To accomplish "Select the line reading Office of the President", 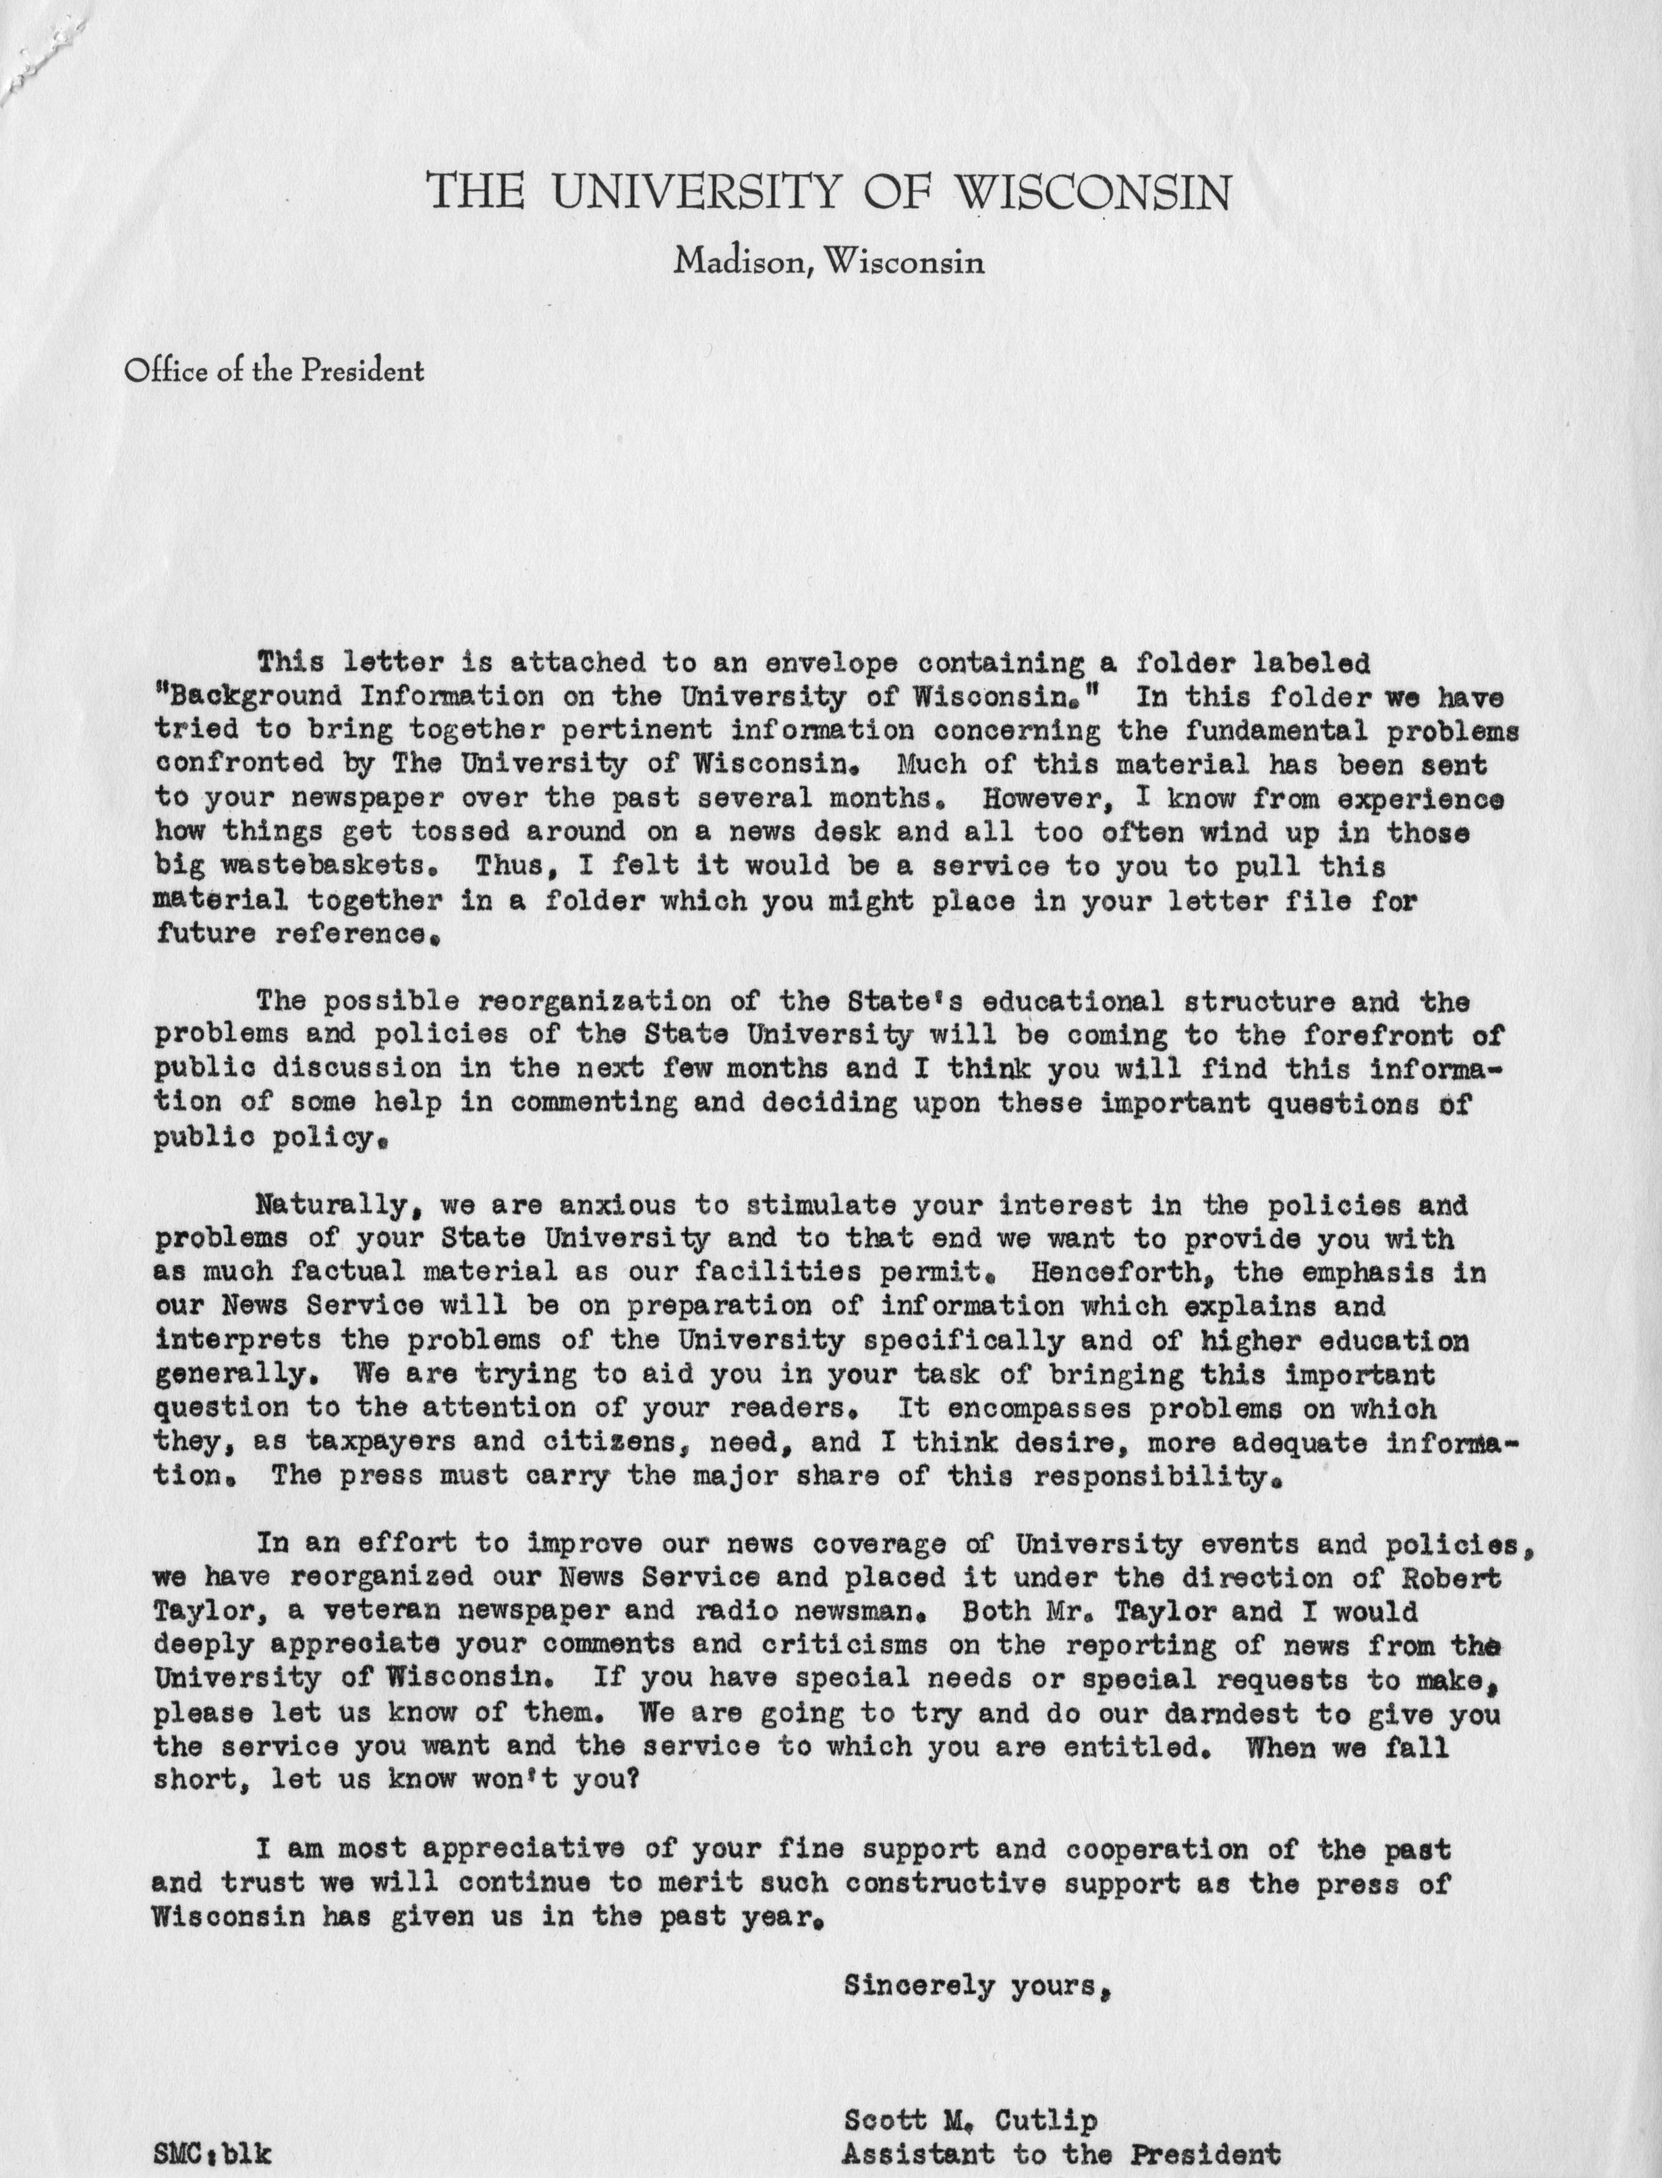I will pos(274,371).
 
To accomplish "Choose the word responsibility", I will pos(1153,1476).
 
